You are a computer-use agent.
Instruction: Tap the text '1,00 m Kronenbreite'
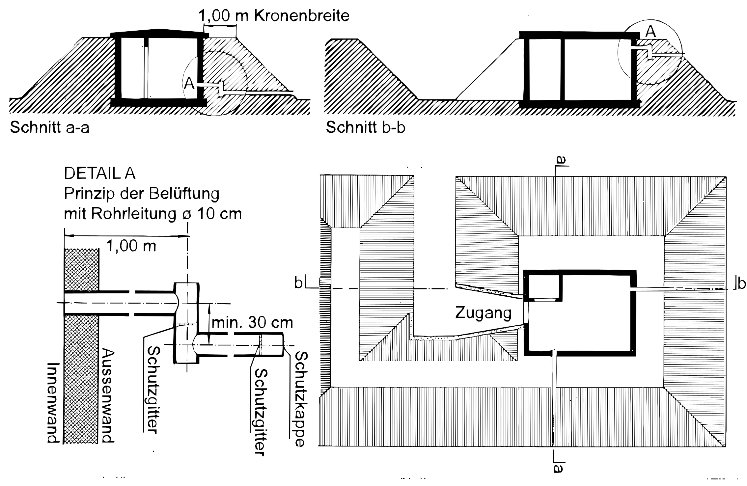274,15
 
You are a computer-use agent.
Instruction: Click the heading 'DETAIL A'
100,174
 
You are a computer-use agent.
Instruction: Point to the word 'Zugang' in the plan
484,313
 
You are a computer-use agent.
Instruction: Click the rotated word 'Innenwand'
53,403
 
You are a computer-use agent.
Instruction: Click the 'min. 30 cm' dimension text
252,323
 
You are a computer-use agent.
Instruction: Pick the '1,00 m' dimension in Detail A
131,246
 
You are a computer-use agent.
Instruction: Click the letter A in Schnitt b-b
650,32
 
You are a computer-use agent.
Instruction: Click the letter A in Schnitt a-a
189,84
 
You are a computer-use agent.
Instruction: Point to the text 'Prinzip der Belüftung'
142,194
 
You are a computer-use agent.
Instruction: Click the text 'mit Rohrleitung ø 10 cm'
153,214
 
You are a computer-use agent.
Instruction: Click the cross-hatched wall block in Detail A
81,346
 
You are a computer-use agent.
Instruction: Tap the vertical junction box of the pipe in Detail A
186,323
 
